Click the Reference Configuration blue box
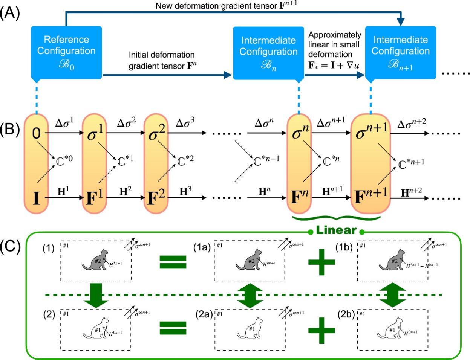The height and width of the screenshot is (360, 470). click(66, 52)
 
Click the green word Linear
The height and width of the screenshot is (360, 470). click(336, 230)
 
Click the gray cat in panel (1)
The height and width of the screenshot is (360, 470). click(94, 260)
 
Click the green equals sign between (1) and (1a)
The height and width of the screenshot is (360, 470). click(173, 262)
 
